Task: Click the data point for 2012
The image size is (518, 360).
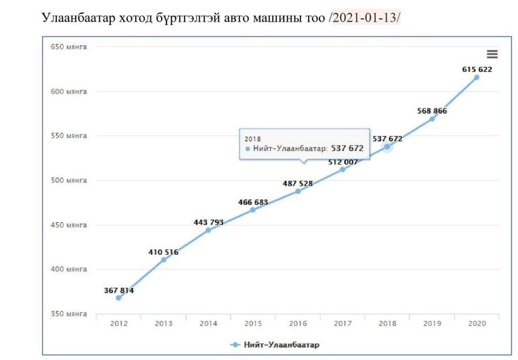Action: coord(118,298)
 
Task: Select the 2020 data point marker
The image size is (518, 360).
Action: coord(477,77)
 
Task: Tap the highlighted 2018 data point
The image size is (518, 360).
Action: coord(387,147)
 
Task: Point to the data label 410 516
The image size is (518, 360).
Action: coord(163,252)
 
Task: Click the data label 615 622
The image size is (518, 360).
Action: coord(477,69)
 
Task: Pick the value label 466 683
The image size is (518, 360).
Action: coord(253,202)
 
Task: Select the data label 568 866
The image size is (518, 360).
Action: coord(432,111)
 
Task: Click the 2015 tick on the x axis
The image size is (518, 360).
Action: coord(253,324)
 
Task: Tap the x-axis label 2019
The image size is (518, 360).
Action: coord(432,324)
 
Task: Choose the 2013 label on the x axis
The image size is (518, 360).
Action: coord(164,324)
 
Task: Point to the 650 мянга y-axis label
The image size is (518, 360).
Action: coord(69,47)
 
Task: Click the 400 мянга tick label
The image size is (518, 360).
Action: coord(69,269)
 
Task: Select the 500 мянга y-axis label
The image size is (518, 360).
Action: coord(69,181)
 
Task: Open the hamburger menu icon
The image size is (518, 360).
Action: coord(492,54)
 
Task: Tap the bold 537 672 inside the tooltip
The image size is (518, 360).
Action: coord(347,148)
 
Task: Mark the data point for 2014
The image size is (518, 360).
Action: coord(208,230)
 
